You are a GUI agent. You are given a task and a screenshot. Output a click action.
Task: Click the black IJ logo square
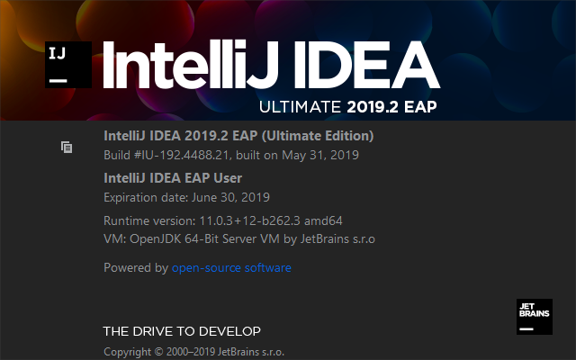pyautogui.click(x=70, y=64)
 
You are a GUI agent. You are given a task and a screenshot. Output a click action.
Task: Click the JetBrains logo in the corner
pyautogui.click(x=535, y=316)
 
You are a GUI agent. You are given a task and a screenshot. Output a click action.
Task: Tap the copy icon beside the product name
pyautogui.click(x=67, y=146)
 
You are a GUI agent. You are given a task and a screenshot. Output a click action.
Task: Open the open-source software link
pyautogui.click(x=231, y=268)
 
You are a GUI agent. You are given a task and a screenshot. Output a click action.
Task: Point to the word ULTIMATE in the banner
pyautogui.click(x=300, y=107)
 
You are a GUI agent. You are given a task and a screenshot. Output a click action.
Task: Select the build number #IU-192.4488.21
pyautogui.click(x=184, y=155)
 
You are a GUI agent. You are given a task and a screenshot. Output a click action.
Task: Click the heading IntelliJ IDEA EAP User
pyautogui.click(x=173, y=178)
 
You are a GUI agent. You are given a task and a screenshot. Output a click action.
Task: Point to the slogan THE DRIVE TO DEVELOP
pyautogui.click(x=182, y=330)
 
